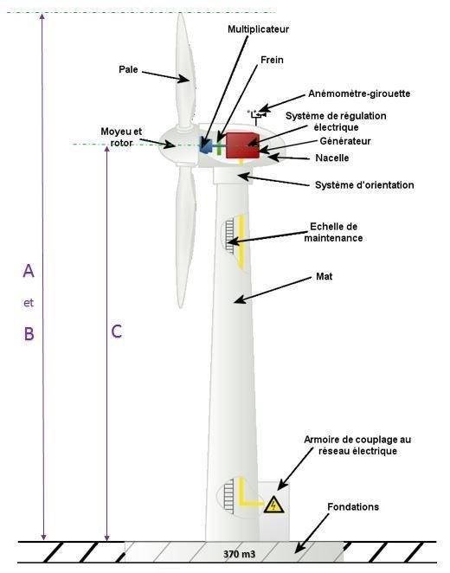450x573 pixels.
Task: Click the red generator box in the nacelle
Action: pyautogui.click(x=242, y=145)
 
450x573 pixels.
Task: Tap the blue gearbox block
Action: pyautogui.click(x=206, y=145)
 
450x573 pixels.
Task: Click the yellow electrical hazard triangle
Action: pyautogui.click(x=273, y=505)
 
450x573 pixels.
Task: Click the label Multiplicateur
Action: pyautogui.click(x=258, y=29)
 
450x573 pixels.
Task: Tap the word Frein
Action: pyautogui.click(x=272, y=60)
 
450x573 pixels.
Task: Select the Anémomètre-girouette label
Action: pyautogui.click(x=359, y=93)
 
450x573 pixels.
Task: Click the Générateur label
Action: pyautogui.click(x=345, y=141)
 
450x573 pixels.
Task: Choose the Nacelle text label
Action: pyautogui.click(x=332, y=158)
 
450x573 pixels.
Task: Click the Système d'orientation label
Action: pyautogui.click(x=364, y=185)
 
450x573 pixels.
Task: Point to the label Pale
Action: pyautogui.click(x=128, y=69)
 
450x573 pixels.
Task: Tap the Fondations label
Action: pyautogui.click(x=353, y=507)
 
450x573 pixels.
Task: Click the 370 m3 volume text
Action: pyautogui.click(x=239, y=554)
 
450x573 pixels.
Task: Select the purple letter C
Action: pyautogui.click(x=117, y=332)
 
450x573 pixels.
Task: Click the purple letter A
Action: pyautogui.click(x=29, y=271)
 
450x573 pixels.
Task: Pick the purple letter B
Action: pyautogui.click(x=29, y=333)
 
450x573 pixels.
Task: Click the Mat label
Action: pyautogui.click(x=324, y=276)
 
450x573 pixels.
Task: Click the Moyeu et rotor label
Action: pyautogui.click(x=121, y=137)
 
